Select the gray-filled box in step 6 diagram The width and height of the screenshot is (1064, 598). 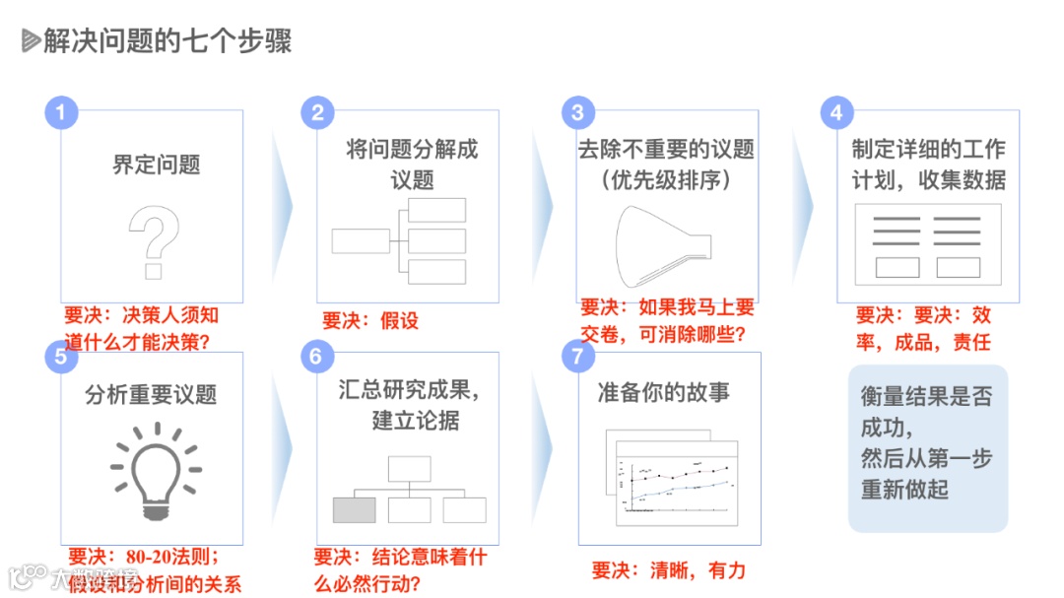354,509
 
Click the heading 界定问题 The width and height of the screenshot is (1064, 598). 156,165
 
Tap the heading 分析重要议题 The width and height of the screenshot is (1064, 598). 151,395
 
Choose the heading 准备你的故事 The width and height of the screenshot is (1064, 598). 664,392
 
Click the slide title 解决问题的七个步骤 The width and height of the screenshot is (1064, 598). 167,41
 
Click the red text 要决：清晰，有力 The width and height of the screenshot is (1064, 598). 668,570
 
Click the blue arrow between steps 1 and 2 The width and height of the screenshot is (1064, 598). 282,206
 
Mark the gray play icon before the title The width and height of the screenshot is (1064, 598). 31,41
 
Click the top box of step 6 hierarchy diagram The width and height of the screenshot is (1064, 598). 409,468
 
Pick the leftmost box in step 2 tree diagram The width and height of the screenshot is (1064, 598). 361,240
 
